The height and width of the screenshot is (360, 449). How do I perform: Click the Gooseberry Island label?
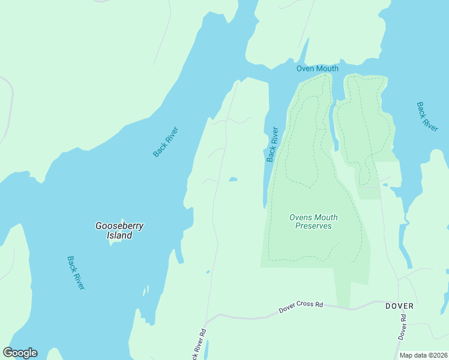[x=119, y=230]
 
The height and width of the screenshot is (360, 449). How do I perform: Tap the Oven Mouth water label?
[x=318, y=68]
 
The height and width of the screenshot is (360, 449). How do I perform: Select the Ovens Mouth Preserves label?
[x=313, y=221]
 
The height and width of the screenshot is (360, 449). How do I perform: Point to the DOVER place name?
[x=399, y=306]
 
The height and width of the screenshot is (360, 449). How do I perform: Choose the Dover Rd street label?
[x=402, y=331]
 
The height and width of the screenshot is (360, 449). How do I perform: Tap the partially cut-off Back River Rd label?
[x=199, y=346]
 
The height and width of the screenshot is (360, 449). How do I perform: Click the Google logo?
[x=20, y=353]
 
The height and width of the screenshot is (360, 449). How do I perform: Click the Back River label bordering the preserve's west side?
[x=273, y=144]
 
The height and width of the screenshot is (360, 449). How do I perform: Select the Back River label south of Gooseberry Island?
[x=76, y=273]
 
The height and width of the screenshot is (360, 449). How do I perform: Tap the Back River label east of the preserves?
[x=427, y=116]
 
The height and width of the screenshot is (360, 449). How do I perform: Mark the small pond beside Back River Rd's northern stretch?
[x=232, y=179]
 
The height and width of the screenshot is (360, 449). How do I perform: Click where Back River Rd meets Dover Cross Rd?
[x=207, y=318]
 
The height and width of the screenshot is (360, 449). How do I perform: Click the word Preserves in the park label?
[x=313, y=226]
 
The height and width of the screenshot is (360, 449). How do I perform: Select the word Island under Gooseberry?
[x=119, y=235]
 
